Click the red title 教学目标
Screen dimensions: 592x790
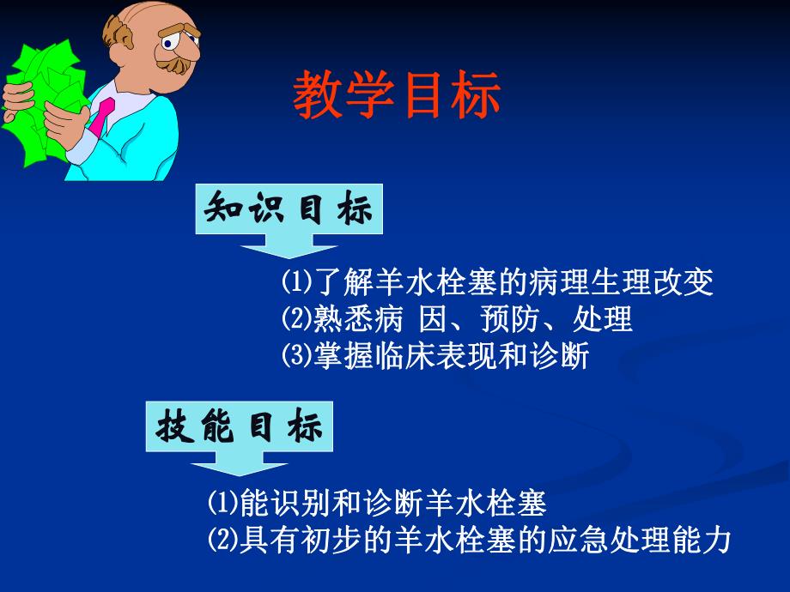click(x=397, y=95)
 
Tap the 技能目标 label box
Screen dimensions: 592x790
click(x=240, y=427)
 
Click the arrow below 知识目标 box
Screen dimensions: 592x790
click(x=289, y=250)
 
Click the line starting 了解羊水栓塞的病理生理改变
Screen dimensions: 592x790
click(x=497, y=282)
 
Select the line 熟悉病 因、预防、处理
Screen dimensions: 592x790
click(x=456, y=319)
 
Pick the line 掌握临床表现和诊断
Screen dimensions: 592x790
click(x=434, y=356)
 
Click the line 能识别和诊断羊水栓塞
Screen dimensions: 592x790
click(x=377, y=502)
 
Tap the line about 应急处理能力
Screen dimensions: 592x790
click(x=469, y=540)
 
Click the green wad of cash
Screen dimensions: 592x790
click(x=39, y=103)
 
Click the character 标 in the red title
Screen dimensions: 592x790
click(x=476, y=95)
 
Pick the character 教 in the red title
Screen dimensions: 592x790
click(x=319, y=95)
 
